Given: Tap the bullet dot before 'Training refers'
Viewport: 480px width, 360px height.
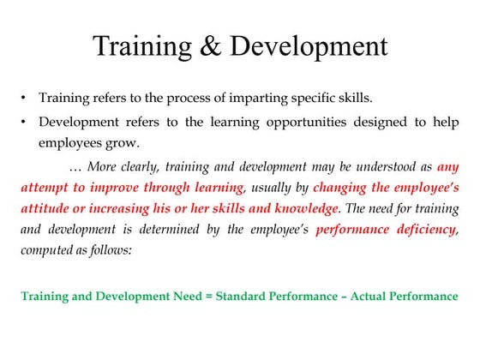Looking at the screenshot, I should tap(26, 97).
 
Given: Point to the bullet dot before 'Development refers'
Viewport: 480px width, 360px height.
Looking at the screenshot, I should tap(26, 122).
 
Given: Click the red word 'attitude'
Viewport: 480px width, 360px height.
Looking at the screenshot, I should tap(45, 208).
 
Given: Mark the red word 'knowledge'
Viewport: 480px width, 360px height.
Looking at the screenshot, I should tap(297, 208).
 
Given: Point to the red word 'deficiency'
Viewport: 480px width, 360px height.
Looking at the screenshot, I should tap(424, 228).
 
